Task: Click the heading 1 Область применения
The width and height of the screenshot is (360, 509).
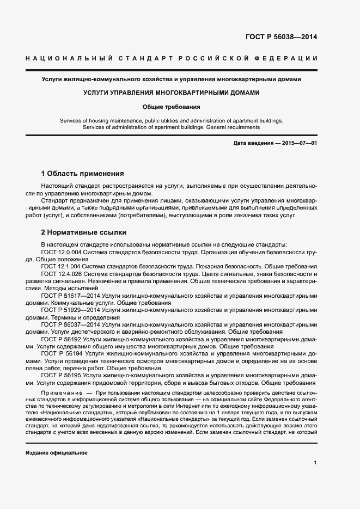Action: (83, 174)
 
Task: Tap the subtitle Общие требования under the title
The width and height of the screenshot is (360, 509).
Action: (172, 107)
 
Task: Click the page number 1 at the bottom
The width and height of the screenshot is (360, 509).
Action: (315, 462)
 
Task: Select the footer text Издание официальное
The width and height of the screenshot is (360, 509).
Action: (57, 453)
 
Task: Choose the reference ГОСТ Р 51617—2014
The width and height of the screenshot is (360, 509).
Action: (70, 295)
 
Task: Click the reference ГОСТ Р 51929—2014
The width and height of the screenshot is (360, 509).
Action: (70, 309)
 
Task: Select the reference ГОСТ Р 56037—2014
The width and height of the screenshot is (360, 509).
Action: (70, 324)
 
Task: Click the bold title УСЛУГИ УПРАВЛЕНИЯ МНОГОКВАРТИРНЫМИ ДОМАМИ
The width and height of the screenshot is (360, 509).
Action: (172, 93)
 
